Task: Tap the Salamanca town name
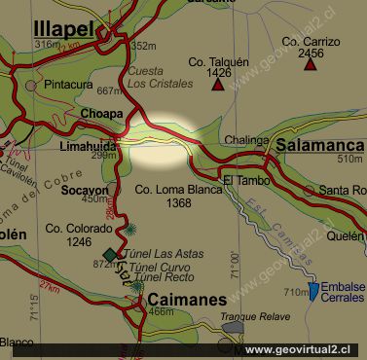(319, 143)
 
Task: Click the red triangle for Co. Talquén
(217, 84)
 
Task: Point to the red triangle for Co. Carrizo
(308, 70)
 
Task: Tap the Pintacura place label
(70, 85)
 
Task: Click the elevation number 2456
(309, 54)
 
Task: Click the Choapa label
(103, 113)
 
